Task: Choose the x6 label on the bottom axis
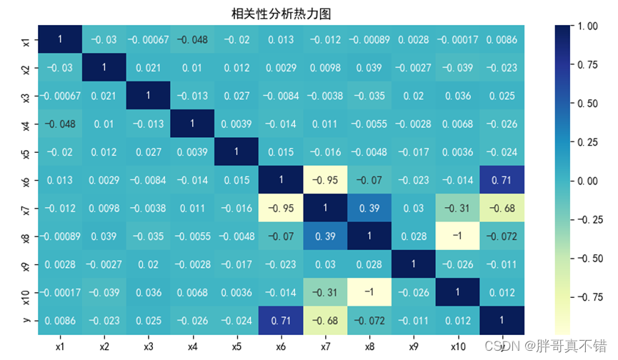[280, 346]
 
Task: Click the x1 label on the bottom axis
[60, 346]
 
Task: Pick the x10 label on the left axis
[26, 291]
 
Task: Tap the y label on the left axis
[26, 319]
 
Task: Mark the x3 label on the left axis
[26, 96]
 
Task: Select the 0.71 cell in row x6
[502, 179]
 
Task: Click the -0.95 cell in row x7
[280, 207]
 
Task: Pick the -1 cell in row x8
[457, 235]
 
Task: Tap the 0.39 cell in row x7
[369, 207]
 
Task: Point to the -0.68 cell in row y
[324, 319]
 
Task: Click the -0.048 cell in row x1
[192, 40]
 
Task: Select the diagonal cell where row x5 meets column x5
[236, 151]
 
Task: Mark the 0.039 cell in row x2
[369, 68]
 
